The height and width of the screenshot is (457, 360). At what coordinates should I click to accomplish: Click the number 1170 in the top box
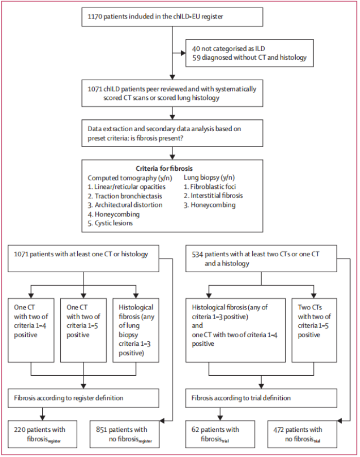point(95,16)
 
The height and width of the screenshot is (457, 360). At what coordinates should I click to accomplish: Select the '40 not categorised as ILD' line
point(229,49)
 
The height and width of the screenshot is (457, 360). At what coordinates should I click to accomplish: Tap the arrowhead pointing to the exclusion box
point(183,53)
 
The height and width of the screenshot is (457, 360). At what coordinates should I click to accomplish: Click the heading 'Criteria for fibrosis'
point(164,168)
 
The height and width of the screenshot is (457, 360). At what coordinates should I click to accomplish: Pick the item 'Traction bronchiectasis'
point(128,196)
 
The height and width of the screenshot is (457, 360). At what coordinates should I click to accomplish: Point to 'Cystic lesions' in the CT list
point(113,223)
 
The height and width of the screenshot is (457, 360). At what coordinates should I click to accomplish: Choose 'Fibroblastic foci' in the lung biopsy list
point(213,187)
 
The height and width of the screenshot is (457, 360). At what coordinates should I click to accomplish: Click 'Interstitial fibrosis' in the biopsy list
point(216,196)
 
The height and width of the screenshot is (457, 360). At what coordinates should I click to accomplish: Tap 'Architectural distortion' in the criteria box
point(128,205)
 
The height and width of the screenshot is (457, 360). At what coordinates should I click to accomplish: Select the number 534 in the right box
point(197,254)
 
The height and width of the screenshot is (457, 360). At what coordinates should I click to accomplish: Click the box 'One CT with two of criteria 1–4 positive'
point(31,330)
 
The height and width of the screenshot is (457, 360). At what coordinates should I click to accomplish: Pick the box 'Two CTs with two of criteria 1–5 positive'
point(314,330)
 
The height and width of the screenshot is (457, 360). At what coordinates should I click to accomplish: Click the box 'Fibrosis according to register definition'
point(83,398)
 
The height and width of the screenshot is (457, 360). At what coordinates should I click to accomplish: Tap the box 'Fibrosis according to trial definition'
point(261,398)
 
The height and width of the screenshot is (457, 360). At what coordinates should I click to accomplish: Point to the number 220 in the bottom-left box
point(20,430)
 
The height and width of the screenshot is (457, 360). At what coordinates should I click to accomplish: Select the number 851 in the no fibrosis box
point(102,430)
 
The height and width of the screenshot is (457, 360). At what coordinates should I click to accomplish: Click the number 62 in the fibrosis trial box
point(195,430)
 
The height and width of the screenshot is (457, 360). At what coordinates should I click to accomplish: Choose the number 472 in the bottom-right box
point(278,430)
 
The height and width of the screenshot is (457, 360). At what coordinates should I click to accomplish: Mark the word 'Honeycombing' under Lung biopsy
point(213,205)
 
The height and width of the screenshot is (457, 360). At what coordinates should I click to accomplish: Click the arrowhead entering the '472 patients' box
point(339,421)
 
